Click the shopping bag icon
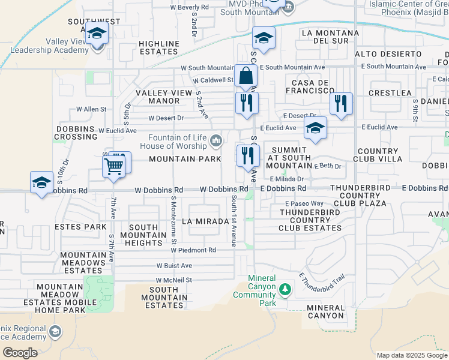click(246, 77)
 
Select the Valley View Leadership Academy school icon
click(95, 34)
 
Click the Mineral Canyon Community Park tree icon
click(285, 291)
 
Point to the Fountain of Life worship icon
click(216, 141)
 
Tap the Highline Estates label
click(159, 47)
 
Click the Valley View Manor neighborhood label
click(158, 97)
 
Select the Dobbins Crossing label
click(77, 133)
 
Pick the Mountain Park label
click(181, 159)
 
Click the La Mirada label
click(209, 221)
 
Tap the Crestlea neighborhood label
click(390, 93)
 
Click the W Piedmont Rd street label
click(196, 250)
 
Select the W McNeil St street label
click(173, 280)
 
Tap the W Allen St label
click(91, 110)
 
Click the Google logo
click(19, 353)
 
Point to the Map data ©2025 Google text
click(412, 355)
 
